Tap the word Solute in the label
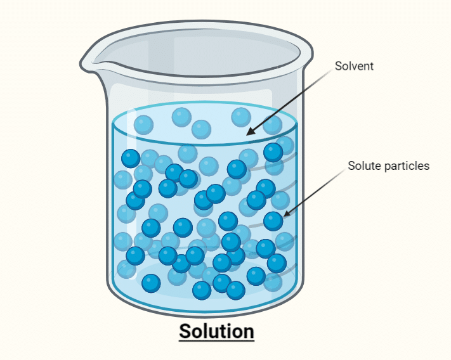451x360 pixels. point(362,166)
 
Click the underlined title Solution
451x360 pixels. point(216,331)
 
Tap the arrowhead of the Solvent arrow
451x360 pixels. point(248,133)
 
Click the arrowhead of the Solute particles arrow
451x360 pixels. point(283,215)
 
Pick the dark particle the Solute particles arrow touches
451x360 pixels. point(273,221)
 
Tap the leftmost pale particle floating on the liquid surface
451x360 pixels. point(143,124)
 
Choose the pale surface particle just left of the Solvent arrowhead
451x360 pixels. point(240,117)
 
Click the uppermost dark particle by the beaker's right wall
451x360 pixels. point(273,152)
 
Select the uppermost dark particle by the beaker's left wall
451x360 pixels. point(131,158)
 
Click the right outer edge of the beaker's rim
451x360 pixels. point(313,55)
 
